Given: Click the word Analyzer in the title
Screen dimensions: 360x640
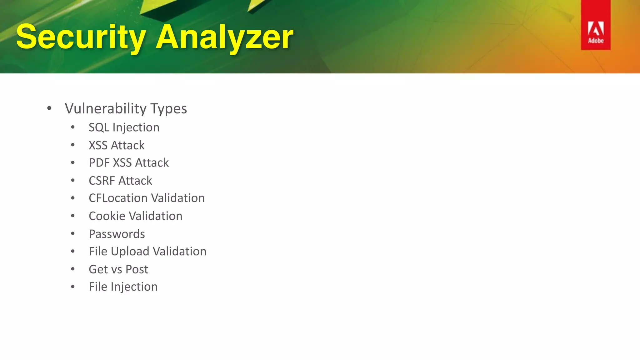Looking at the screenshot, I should (224, 37).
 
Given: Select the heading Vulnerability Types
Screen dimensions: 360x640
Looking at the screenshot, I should (126, 109).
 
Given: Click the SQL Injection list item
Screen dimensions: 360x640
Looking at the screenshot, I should (124, 127).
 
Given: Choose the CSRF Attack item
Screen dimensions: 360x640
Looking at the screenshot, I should (120, 181).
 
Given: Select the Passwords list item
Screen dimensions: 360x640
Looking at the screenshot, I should (117, 234).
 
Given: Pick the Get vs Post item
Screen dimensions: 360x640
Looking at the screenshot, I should (118, 269).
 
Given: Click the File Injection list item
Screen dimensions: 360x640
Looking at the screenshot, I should (123, 287).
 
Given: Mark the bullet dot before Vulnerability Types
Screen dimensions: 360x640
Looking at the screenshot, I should (49, 109).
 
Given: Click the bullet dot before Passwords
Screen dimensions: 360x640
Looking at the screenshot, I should (73, 234).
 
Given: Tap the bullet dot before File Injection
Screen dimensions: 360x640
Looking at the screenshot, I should (73, 287).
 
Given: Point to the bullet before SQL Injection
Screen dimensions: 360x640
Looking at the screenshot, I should (73, 127).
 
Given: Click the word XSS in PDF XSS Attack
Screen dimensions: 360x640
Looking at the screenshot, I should (122, 163).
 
